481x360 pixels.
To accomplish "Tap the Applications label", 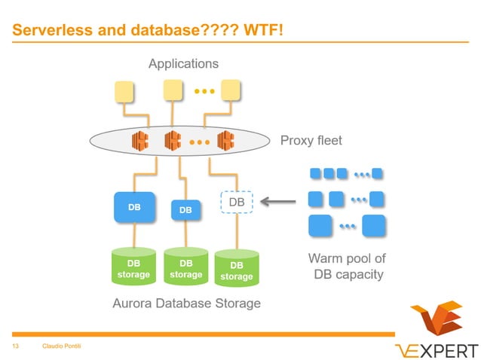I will click(183, 64).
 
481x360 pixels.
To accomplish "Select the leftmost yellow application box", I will click(124, 92).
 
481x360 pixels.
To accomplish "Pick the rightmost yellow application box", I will click(230, 90).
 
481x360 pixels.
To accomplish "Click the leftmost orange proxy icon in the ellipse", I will click(139, 139).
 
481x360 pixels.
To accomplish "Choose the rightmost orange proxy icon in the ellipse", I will click(225, 140).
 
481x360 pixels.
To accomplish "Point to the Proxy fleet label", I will click(311, 140).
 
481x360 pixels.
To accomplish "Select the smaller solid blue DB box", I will click(185, 210).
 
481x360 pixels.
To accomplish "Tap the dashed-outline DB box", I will click(237, 203).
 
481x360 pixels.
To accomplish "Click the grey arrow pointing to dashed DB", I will click(278, 202).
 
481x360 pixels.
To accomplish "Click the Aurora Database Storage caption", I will click(186, 304).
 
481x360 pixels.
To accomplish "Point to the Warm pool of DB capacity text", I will click(347, 267).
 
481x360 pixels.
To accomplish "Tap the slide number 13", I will click(14, 346).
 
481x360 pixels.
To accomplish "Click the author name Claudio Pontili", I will click(62, 346).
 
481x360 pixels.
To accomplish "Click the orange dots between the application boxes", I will click(204, 91).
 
